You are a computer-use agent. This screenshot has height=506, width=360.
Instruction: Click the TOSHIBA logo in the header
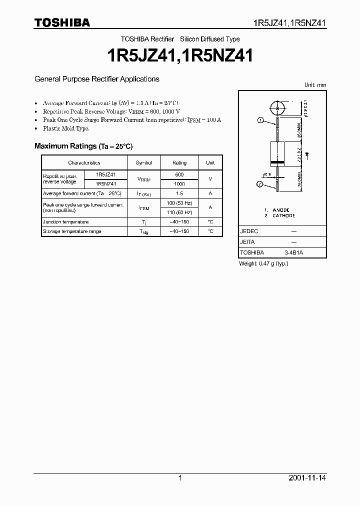coord(62,22)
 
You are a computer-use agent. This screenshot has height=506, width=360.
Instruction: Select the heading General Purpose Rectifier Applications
coord(96,79)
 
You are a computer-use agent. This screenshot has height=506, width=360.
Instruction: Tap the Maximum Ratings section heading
coord(83,146)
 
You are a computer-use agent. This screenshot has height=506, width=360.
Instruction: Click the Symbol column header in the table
coord(143,162)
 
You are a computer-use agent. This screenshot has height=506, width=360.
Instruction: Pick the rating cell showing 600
coord(179,174)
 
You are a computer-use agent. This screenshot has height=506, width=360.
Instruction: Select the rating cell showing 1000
coord(179,184)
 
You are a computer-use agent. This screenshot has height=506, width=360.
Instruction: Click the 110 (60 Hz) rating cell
coord(179,212)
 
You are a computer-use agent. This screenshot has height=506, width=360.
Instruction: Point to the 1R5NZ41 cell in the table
coord(106,184)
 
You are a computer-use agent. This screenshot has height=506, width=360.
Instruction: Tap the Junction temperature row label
coord(66,222)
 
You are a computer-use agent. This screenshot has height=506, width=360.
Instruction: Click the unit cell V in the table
coord(210,179)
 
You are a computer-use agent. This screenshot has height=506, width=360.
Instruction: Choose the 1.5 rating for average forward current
coord(179,193)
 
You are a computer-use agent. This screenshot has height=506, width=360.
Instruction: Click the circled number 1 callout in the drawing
coord(260,120)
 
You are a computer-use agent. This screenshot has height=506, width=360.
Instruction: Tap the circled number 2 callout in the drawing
coord(260,184)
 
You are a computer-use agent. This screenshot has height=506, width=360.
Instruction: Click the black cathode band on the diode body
coord(277,164)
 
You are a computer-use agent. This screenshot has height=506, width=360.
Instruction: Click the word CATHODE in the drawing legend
coord(283,215)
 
